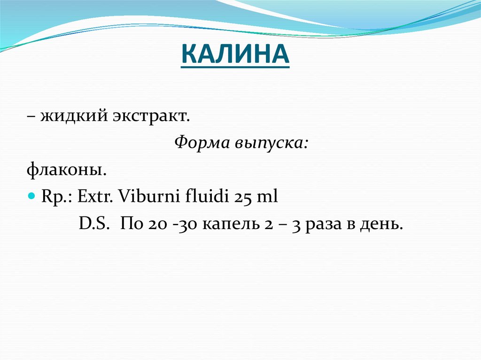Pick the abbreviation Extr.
(x=94, y=196)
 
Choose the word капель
(x=225, y=224)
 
